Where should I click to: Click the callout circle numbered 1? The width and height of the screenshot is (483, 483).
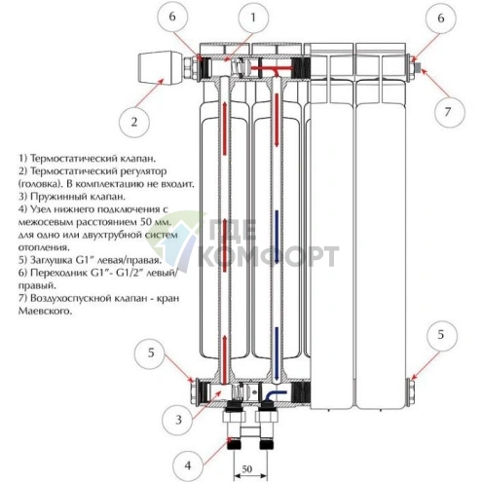coord(253,18)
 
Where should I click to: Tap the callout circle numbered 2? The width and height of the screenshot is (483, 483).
coord(134,122)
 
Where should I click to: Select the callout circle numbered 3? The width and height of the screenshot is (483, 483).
coord(178,420)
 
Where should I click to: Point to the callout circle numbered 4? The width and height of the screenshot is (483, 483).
coord(188,466)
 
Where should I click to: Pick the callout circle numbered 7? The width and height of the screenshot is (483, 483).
coord(448,112)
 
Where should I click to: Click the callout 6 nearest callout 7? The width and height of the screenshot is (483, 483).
coord(441,19)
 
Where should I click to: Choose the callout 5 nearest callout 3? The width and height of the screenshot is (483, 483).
coord(151,353)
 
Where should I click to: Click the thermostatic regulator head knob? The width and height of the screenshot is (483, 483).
coord(160,67)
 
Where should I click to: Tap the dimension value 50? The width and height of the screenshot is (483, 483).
coord(247,468)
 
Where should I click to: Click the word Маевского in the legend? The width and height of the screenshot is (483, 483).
coord(45,311)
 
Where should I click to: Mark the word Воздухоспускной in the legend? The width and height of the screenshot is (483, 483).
coord(71,298)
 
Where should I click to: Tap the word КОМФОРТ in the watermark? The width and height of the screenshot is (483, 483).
coord(269,256)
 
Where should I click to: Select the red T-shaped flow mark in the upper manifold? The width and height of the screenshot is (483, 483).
coord(271,69)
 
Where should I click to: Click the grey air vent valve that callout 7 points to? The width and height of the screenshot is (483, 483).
coord(418,67)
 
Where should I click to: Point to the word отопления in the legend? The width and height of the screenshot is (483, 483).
coord(44,247)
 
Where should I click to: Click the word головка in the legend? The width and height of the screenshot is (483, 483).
coord(40,184)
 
